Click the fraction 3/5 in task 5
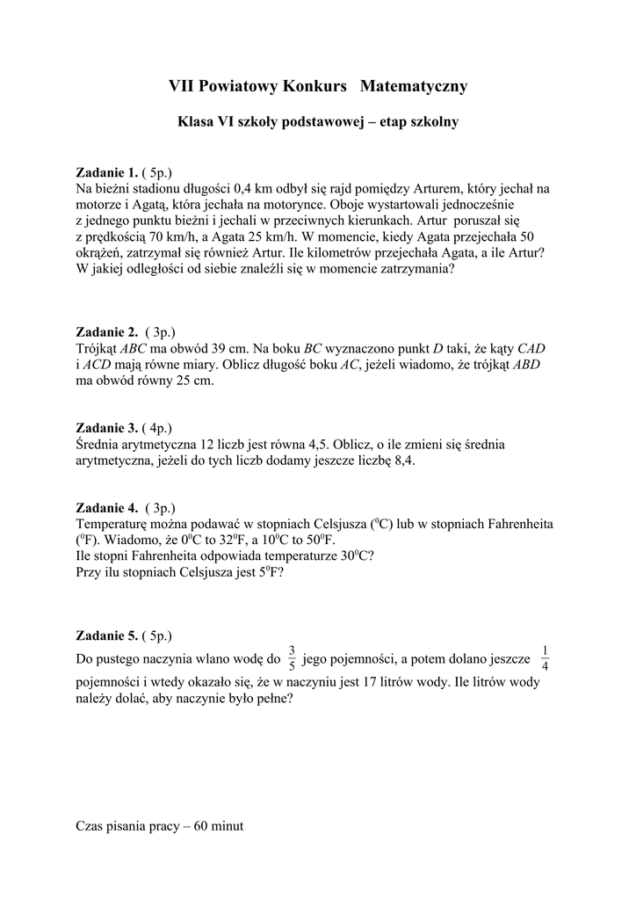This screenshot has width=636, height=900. (292, 658)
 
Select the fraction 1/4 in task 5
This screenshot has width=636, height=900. (545, 658)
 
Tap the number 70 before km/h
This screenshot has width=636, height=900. (159, 236)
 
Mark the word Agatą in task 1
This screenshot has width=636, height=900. (136, 204)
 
